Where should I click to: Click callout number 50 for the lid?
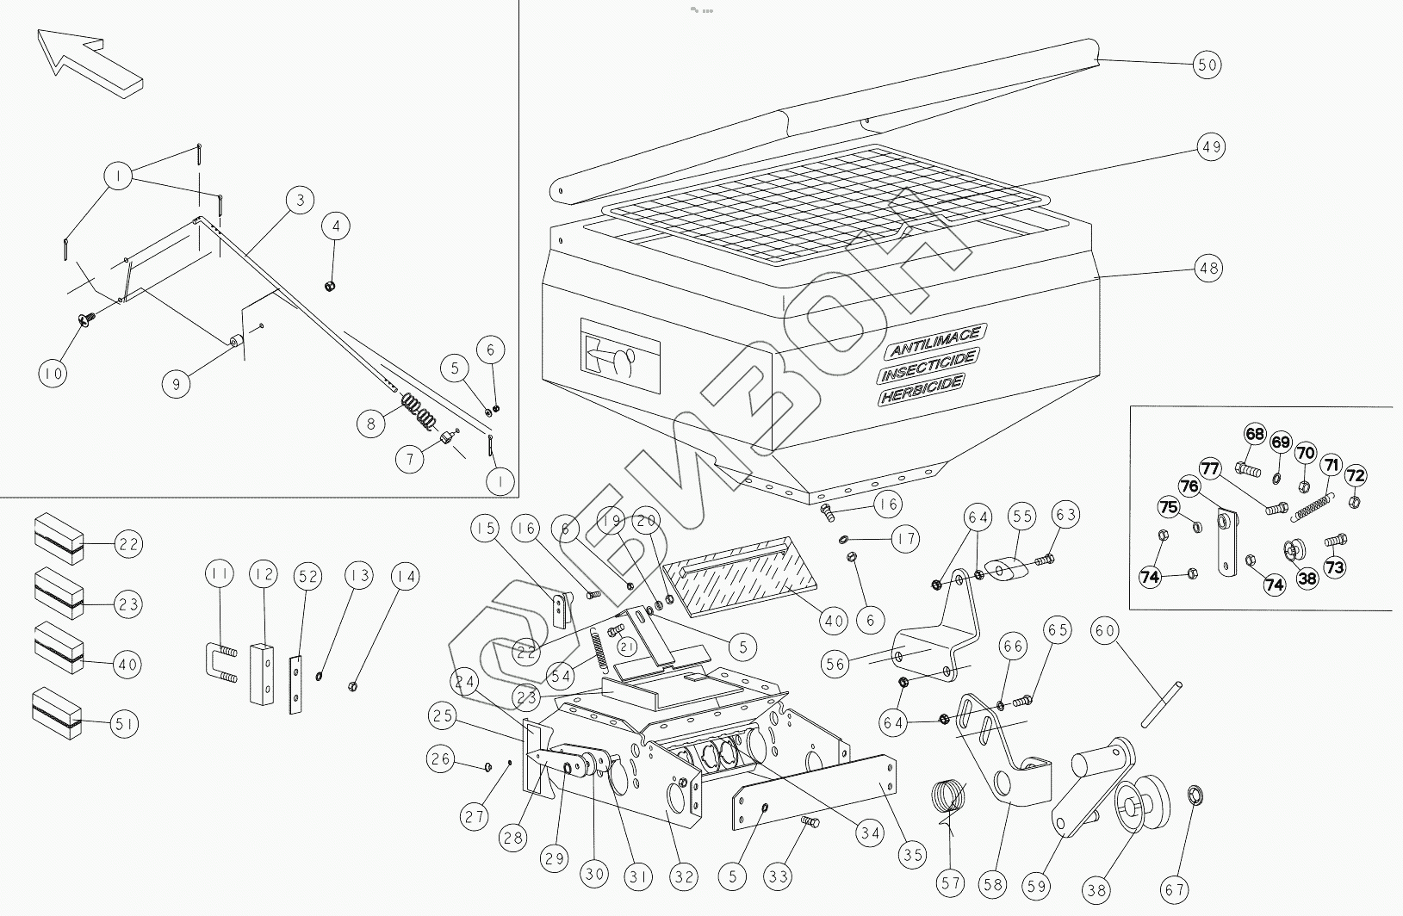point(1207,65)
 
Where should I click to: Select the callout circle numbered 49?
point(1210,147)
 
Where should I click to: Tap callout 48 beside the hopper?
point(1209,269)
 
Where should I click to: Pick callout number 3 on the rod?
point(300,201)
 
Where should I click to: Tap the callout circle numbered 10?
point(53,374)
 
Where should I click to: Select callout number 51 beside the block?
point(125,725)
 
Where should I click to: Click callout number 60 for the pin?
point(1105,631)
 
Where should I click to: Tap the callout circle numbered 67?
point(1175,888)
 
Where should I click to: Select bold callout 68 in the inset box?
point(1255,434)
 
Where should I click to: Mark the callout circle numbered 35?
point(913,855)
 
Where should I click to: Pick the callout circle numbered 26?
point(442,759)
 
